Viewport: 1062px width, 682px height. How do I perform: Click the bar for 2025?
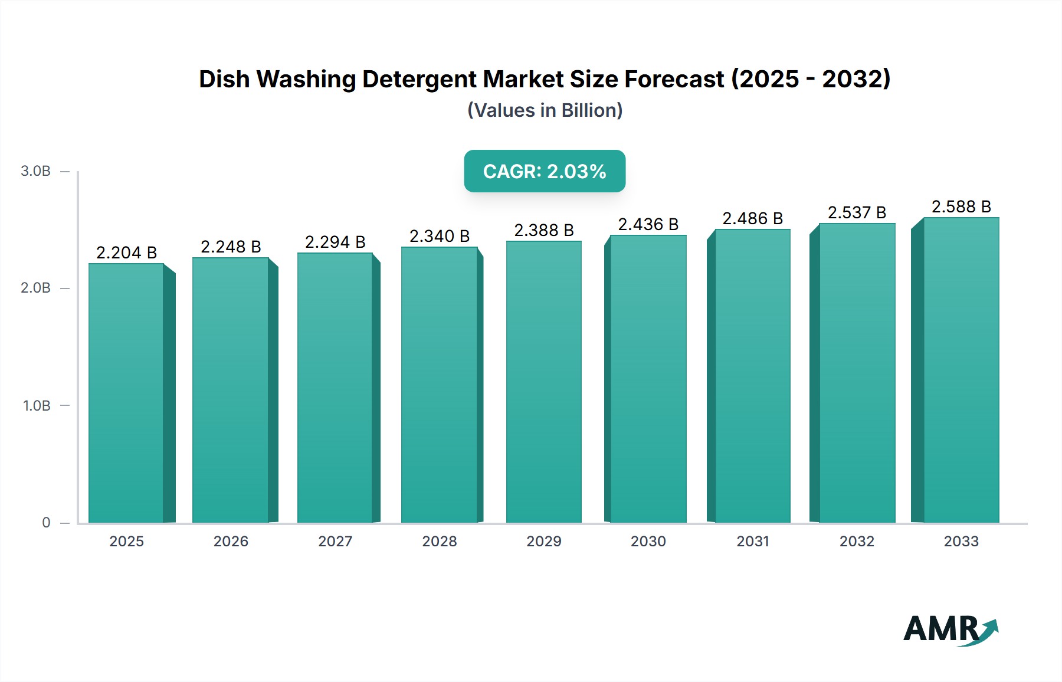pos(126,392)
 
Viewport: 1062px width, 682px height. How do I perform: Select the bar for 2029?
pos(543,382)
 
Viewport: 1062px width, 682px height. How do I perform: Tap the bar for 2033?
pos(961,370)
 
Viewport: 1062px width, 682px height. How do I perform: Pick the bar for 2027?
pos(335,388)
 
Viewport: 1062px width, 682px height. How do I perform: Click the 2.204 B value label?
pos(126,253)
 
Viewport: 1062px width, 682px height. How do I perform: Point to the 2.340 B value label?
pos(440,236)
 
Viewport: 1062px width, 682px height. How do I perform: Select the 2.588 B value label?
pos(961,206)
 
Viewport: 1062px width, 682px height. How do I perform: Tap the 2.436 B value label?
pos(648,224)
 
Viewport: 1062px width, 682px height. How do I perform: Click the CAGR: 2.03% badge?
pos(545,171)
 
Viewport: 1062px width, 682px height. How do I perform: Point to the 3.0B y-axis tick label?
pos(35,171)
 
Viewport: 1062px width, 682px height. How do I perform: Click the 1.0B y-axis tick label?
pos(37,406)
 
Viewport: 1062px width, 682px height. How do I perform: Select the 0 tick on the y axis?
pos(46,523)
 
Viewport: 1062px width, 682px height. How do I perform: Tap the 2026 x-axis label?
pos(231,541)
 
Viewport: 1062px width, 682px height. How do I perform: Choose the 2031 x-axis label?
pos(752,541)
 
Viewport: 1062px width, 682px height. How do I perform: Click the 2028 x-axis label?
pos(440,541)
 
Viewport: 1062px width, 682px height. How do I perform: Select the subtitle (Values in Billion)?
pos(545,110)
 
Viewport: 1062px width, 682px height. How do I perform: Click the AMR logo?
pos(950,629)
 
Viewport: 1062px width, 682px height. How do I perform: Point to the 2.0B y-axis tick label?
pos(35,288)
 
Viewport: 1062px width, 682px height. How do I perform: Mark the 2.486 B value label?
pos(752,218)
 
